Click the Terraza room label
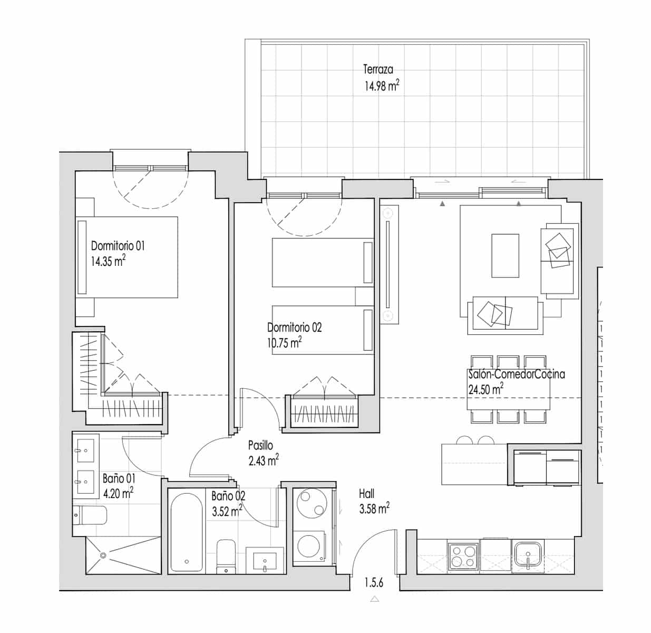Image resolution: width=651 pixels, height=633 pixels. coord(377,69)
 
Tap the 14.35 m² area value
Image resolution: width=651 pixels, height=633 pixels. coord(108,261)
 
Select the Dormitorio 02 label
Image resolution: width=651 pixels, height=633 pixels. coord(294,327)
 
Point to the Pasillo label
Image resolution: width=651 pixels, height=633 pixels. coord(260,446)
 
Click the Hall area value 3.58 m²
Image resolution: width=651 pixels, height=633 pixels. coord(374,509)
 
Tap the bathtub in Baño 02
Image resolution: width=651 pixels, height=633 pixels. coord(186,532)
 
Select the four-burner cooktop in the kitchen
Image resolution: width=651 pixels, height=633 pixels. coord(462,555)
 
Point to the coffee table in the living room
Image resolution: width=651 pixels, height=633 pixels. coord(505,255)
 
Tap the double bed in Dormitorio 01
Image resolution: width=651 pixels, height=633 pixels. coord(127,257)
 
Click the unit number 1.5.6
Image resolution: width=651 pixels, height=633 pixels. coord(374,583)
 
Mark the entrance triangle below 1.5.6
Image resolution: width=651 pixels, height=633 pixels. coord(375,599)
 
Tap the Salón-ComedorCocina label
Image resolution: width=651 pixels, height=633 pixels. coord(516,375)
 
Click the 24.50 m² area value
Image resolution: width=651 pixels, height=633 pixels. coord(485,390)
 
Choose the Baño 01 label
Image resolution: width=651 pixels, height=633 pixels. coord(119,478)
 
